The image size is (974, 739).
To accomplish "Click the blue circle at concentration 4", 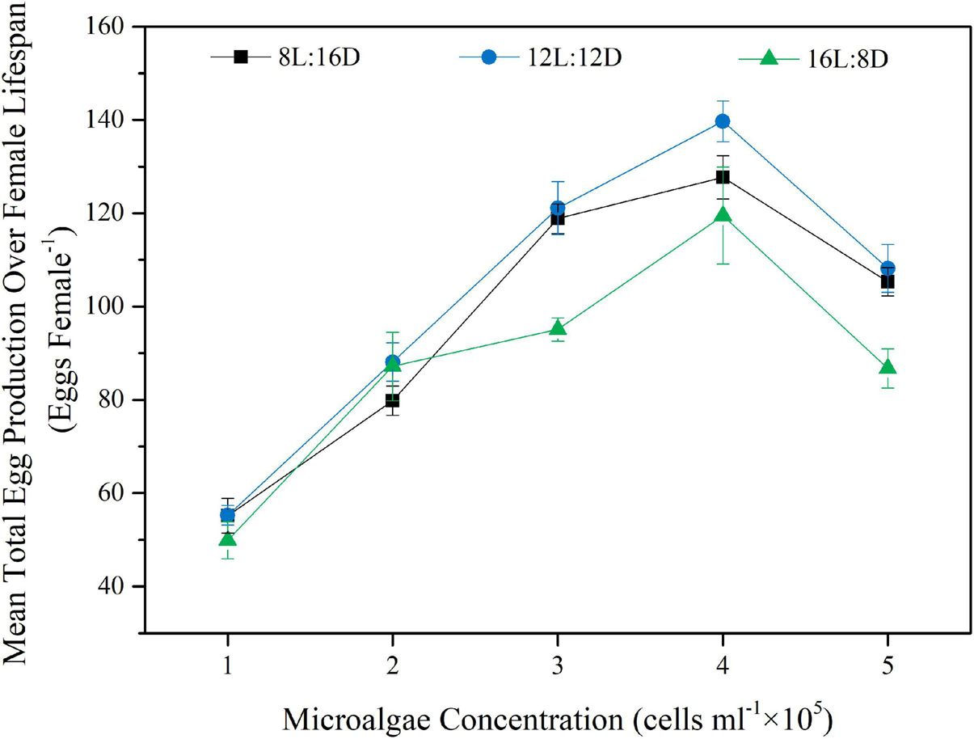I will (x=723, y=121).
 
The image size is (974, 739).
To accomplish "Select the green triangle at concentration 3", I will (x=558, y=327).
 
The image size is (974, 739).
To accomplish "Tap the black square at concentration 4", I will (x=723, y=177).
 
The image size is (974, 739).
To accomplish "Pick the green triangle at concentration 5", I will (x=888, y=367).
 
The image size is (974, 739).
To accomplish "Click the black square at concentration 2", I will (x=393, y=400).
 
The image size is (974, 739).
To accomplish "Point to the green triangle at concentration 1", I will (x=228, y=538).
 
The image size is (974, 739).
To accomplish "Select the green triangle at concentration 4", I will (x=723, y=215).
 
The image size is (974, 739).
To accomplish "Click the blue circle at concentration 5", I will (x=888, y=268).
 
